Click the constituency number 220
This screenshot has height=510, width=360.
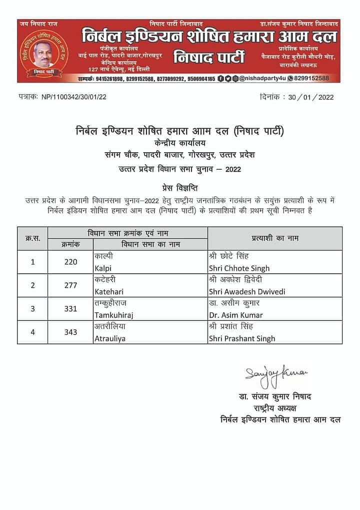(x=71, y=262)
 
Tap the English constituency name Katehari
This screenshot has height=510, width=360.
(x=108, y=292)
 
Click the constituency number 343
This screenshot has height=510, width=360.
(x=71, y=332)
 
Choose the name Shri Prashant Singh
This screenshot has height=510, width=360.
(x=242, y=339)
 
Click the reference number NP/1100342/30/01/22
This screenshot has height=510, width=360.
(x=73, y=97)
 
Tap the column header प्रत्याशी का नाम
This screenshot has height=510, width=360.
(x=274, y=238)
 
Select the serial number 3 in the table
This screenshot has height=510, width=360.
(x=32, y=309)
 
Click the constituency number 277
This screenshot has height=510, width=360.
(x=71, y=285)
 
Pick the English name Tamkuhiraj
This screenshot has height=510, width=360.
(x=113, y=315)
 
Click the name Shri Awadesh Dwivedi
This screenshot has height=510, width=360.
(x=246, y=292)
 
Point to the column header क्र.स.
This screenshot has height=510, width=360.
(x=32, y=238)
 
